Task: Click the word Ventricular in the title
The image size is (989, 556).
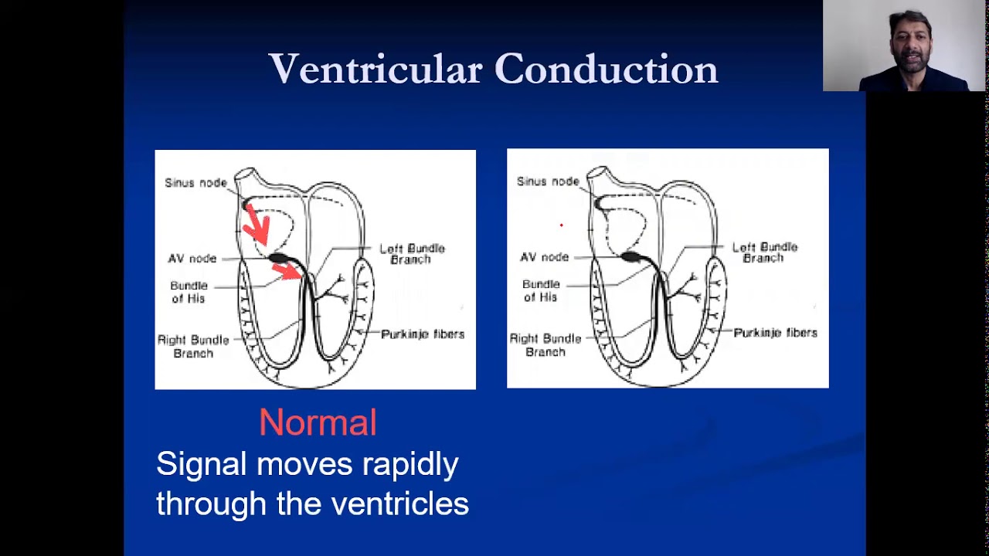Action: (x=376, y=69)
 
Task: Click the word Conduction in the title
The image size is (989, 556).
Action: (x=607, y=69)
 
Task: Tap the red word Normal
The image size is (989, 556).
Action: (x=318, y=423)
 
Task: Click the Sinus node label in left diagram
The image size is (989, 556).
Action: (x=195, y=183)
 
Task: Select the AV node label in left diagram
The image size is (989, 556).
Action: (x=192, y=259)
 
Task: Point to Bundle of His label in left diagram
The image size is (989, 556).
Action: (x=189, y=292)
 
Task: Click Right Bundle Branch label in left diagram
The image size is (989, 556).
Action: (x=193, y=347)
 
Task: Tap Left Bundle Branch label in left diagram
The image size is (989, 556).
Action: (x=412, y=254)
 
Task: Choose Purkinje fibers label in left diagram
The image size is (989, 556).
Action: (x=423, y=334)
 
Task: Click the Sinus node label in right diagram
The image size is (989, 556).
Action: (x=548, y=181)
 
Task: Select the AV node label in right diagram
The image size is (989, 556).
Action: (x=544, y=257)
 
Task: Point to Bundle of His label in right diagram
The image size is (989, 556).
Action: (x=541, y=290)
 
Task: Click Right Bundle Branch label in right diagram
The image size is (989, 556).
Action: (x=545, y=345)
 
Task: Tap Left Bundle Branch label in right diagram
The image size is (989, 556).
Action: (x=764, y=253)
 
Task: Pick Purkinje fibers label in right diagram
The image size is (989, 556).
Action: (x=775, y=333)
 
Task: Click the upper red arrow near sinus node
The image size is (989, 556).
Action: (x=257, y=224)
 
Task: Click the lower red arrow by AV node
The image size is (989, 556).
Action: (x=287, y=270)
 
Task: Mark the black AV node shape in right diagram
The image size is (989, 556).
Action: (x=631, y=256)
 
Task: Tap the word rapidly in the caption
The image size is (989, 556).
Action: (x=410, y=464)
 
